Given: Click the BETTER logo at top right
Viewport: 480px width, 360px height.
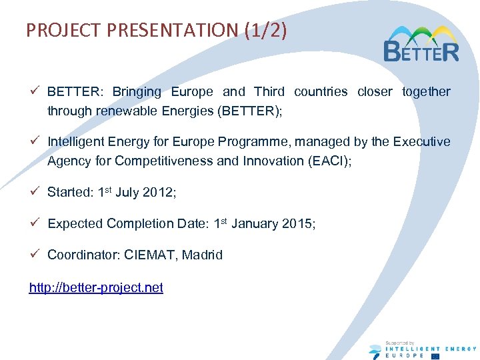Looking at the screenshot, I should click(x=421, y=44).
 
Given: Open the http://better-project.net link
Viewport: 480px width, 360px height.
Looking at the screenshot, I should click(x=96, y=287).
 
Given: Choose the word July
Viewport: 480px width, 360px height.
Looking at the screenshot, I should click(x=127, y=193).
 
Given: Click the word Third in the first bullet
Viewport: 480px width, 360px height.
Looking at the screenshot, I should click(x=269, y=91).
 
